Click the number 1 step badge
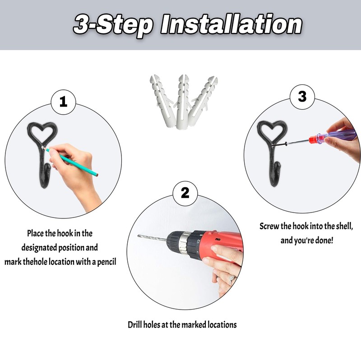[63, 102]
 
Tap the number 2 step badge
[185, 193]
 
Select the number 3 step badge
[302, 97]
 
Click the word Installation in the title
[231, 25]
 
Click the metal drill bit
[153, 238]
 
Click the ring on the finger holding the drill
[231, 279]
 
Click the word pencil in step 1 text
[106, 262]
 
